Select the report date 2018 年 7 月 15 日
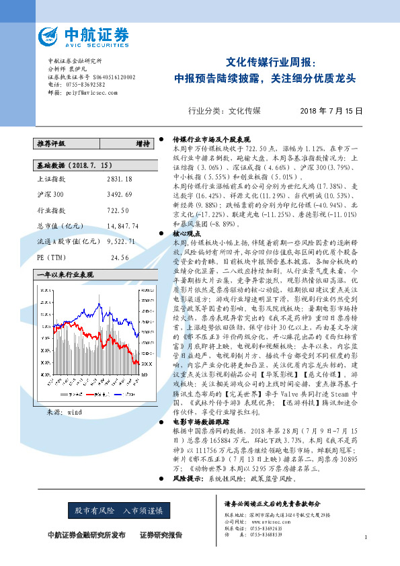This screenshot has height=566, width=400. pos(331,112)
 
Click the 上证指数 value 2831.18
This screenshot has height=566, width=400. pos(119,179)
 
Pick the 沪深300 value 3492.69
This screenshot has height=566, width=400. pos(119,194)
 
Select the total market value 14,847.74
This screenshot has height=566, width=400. pos(122,226)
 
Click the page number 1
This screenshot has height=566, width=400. pos(364,537)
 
